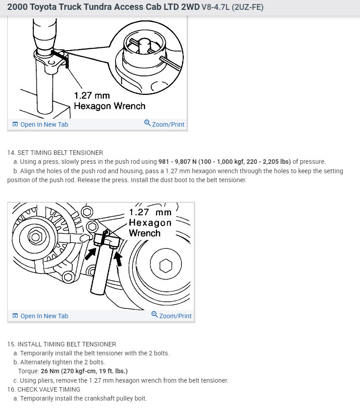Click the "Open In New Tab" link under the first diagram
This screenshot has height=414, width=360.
click(44, 124)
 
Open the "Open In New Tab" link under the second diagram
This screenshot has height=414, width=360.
click(44, 316)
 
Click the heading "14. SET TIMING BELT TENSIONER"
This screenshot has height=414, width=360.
click(55, 153)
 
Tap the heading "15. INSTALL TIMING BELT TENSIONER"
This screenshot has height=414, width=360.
click(61, 344)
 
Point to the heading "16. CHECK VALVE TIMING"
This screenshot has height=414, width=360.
click(43, 389)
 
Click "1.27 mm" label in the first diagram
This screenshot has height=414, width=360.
click(92, 96)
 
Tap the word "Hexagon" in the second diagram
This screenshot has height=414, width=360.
click(150, 222)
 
